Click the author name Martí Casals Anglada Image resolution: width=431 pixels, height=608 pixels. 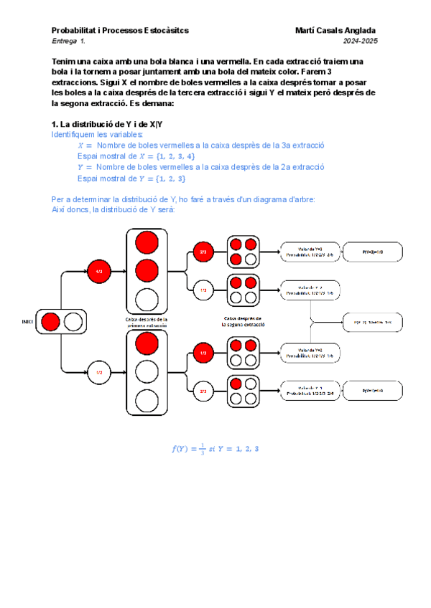[335, 31]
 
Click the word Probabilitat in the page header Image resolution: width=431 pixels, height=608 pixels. [75, 31]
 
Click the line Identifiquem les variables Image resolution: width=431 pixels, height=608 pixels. [97, 135]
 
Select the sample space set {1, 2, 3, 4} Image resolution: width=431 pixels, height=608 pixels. [170, 156]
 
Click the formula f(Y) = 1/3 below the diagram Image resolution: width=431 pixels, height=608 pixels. [215, 450]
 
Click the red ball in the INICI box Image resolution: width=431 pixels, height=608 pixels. [51, 322]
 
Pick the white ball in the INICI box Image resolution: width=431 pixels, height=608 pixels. [73, 322]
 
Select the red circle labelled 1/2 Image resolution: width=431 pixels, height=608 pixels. [99, 272]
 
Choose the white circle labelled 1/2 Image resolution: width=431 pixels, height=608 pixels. [99, 373]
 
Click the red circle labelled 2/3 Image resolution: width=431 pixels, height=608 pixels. [203, 252]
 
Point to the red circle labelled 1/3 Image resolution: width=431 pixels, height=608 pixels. [203, 353]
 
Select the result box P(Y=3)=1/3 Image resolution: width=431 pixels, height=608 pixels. [368, 252]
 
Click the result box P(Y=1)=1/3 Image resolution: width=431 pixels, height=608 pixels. [368, 391]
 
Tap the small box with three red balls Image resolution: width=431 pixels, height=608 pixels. [244, 252]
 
